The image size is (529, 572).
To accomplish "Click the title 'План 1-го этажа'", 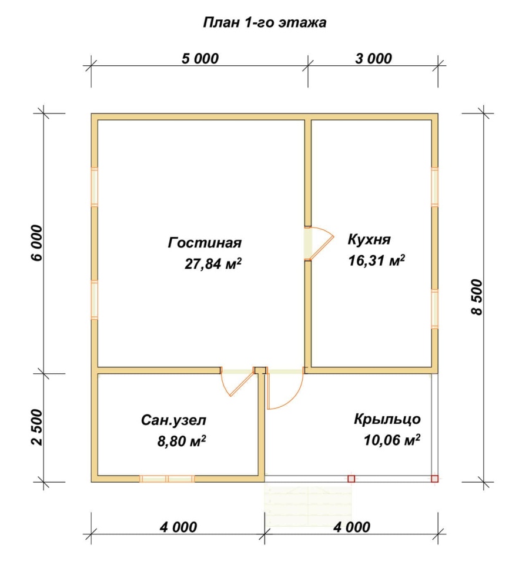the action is click(264, 22).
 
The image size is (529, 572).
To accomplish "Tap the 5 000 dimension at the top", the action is click(200, 58).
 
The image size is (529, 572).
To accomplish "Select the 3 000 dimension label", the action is click(373, 58).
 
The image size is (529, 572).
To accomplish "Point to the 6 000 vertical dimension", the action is click(37, 243).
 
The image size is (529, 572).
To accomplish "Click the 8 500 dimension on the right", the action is click(477, 297).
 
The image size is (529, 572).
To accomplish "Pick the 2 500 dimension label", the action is click(37, 427).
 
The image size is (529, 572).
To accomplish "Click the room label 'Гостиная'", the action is click(205, 243).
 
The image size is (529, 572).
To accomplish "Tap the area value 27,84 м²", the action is click(213, 263).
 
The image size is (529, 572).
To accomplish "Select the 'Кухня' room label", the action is click(369, 240).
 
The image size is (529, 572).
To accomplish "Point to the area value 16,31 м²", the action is click(377, 260).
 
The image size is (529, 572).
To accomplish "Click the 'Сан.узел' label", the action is click(173, 420).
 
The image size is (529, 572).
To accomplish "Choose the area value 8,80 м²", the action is click(181, 441).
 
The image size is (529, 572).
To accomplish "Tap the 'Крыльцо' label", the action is click(387, 419).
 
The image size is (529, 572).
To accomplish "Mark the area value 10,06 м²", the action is click(391, 440).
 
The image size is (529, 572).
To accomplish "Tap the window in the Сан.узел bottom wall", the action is click(167, 479).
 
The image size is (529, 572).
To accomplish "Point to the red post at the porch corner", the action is click(434, 479).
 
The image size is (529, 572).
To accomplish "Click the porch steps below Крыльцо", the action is click(308, 505).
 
